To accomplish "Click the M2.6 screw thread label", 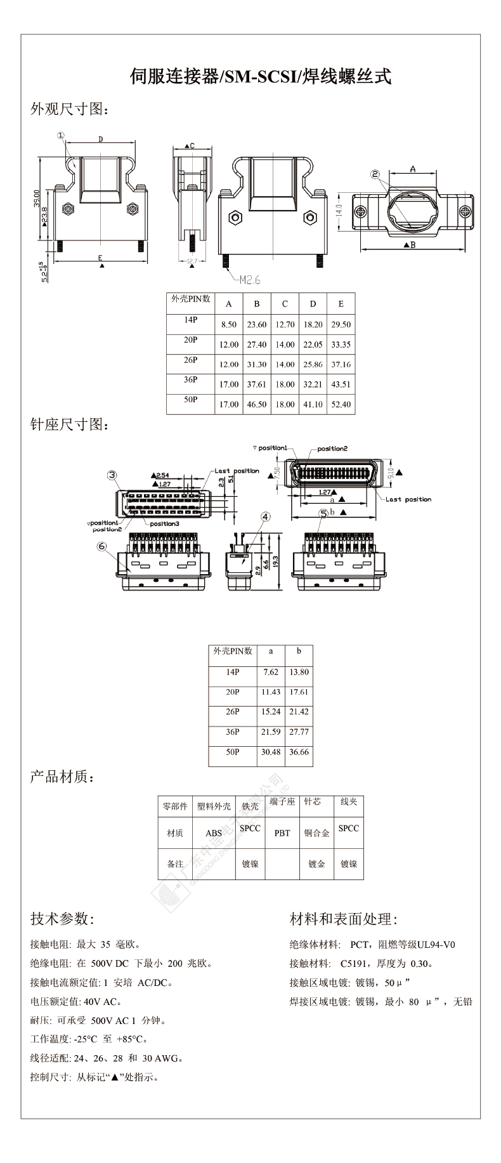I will click(x=249, y=279).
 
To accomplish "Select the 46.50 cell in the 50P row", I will click(x=257, y=404).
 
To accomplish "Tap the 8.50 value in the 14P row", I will click(x=228, y=324).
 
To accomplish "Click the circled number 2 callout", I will click(x=375, y=174).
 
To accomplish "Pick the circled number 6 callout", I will click(x=101, y=546).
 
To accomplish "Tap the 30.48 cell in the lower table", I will click(x=271, y=752).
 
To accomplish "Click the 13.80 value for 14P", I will click(x=299, y=672).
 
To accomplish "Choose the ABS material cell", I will click(x=214, y=833).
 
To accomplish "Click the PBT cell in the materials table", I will click(x=282, y=833).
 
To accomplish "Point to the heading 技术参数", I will click(x=62, y=919).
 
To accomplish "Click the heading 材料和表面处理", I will click(x=343, y=919).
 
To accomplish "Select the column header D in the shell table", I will click(x=313, y=304).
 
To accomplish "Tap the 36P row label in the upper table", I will click(x=190, y=380).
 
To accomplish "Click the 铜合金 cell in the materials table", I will click(x=316, y=833).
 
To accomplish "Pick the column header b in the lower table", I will click(x=299, y=651).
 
